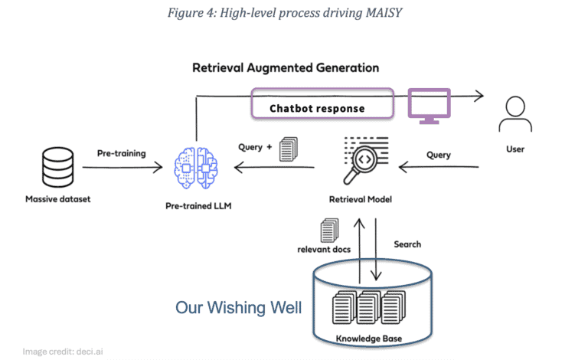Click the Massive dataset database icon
(x=57, y=167)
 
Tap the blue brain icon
(x=196, y=168)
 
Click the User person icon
(x=515, y=114)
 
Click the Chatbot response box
(x=322, y=103)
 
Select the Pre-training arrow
(x=122, y=167)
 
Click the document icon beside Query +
(x=289, y=149)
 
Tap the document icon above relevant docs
(x=330, y=231)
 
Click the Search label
(x=407, y=244)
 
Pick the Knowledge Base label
(x=368, y=339)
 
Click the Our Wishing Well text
(x=239, y=307)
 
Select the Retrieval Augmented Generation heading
(x=286, y=68)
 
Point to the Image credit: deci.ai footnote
(x=63, y=352)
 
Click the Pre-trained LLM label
(x=198, y=206)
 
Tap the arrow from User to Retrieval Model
(x=439, y=167)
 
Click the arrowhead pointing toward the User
(x=479, y=96)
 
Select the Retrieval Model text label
(x=361, y=199)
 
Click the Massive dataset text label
(x=57, y=199)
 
